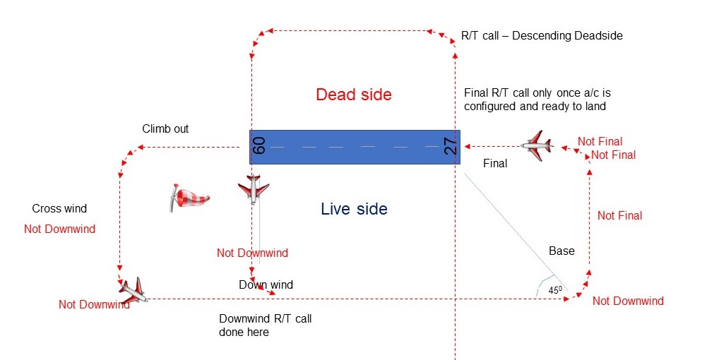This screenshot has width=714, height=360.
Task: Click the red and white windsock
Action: tap(189, 197)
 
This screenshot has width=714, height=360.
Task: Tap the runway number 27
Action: tap(451, 146)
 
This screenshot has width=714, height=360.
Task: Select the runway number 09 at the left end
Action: tap(258, 146)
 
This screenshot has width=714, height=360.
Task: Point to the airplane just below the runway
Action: tap(253, 189)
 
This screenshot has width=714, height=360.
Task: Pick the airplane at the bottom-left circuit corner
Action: tap(133, 289)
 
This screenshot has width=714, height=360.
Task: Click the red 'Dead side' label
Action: tap(353, 95)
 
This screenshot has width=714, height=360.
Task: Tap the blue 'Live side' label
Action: tap(354, 209)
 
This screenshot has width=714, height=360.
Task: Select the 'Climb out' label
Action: tap(165, 129)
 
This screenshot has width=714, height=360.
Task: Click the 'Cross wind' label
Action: tap(59, 209)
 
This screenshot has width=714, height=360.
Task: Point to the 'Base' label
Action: tap(561, 251)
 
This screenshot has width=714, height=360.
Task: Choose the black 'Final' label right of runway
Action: tap(494, 164)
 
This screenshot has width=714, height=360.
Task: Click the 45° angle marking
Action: tap(557, 289)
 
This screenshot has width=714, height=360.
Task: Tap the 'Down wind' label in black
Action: tap(266, 285)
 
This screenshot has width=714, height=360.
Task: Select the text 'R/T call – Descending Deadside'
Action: tap(542, 35)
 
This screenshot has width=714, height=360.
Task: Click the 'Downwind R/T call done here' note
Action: tap(265, 325)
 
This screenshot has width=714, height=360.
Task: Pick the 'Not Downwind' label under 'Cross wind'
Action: tap(59, 229)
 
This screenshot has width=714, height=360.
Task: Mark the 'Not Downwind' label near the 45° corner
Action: tap(628, 301)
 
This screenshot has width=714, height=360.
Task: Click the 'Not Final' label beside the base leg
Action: tap(619, 216)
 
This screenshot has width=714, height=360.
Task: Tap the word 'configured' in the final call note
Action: tap(490, 107)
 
